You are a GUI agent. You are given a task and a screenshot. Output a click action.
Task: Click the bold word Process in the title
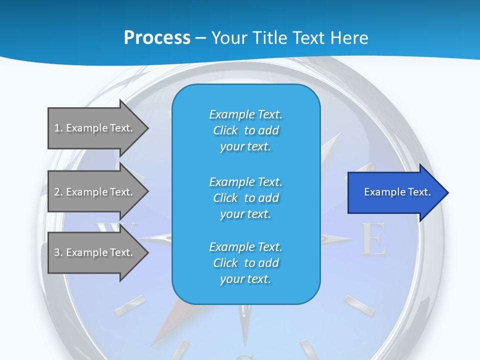coord(157,37)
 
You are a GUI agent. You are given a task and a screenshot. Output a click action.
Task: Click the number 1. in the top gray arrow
coord(58,128)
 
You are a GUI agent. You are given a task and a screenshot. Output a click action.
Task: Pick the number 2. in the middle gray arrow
coord(58,192)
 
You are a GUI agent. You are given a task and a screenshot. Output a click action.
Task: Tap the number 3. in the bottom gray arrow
coord(58,252)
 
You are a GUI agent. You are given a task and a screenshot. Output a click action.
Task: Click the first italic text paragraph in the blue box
coord(245,130)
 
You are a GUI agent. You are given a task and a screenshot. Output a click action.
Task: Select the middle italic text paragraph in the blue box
coord(245,198)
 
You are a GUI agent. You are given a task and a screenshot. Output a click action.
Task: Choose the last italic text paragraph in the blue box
coord(245,263)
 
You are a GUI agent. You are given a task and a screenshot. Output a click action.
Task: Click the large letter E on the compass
coord(373,239)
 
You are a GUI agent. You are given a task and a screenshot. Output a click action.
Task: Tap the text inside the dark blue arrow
coord(397,192)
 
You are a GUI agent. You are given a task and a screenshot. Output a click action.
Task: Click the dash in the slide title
coord(201,38)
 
